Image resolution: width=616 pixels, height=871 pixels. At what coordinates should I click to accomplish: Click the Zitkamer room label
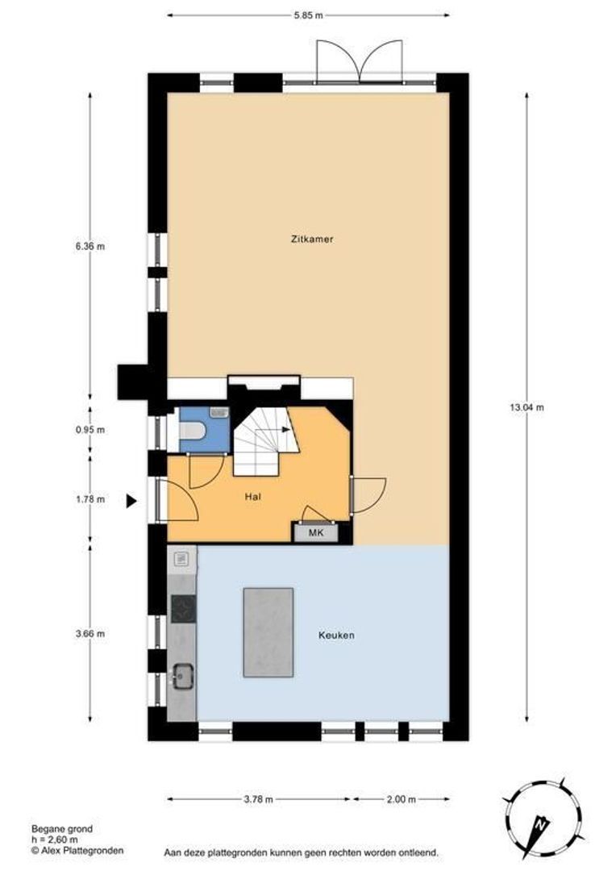pyautogui.click(x=311, y=240)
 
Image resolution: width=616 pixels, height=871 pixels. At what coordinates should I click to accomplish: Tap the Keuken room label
pyautogui.click(x=336, y=635)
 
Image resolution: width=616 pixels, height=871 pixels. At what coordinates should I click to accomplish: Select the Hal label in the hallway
pyautogui.click(x=252, y=497)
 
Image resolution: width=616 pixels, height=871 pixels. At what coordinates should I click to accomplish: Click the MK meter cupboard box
pyautogui.click(x=315, y=533)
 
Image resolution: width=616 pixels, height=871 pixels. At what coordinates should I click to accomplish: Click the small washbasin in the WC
pyautogui.click(x=219, y=412)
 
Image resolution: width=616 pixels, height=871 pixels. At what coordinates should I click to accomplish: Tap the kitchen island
pyautogui.click(x=268, y=632)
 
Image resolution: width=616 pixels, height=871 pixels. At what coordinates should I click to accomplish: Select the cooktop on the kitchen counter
pyautogui.click(x=183, y=609)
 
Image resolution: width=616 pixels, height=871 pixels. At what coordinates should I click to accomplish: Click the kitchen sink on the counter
pyautogui.click(x=182, y=676)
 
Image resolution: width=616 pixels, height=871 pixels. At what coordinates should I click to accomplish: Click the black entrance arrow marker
pyautogui.click(x=131, y=501)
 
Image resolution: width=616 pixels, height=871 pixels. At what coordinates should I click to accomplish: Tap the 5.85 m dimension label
pyautogui.click(x=308, y=15)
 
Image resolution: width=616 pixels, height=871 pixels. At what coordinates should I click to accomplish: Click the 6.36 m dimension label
pyautogui.click(x=90, y=246)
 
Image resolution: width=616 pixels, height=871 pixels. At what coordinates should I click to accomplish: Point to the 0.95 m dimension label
pyautogui.click(x=90, y=429)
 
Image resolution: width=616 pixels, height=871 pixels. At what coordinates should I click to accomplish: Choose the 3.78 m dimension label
pyautogui.click(x=258, y=799)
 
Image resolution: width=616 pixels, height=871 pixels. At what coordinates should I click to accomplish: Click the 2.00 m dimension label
pyautogui.click(x=401, y=799)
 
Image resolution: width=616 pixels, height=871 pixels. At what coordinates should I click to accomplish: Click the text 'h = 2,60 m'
pyautogui.click(x=55, y=840)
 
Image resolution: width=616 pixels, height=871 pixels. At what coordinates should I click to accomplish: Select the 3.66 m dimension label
pyautogui.click(x=90, y=634)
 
